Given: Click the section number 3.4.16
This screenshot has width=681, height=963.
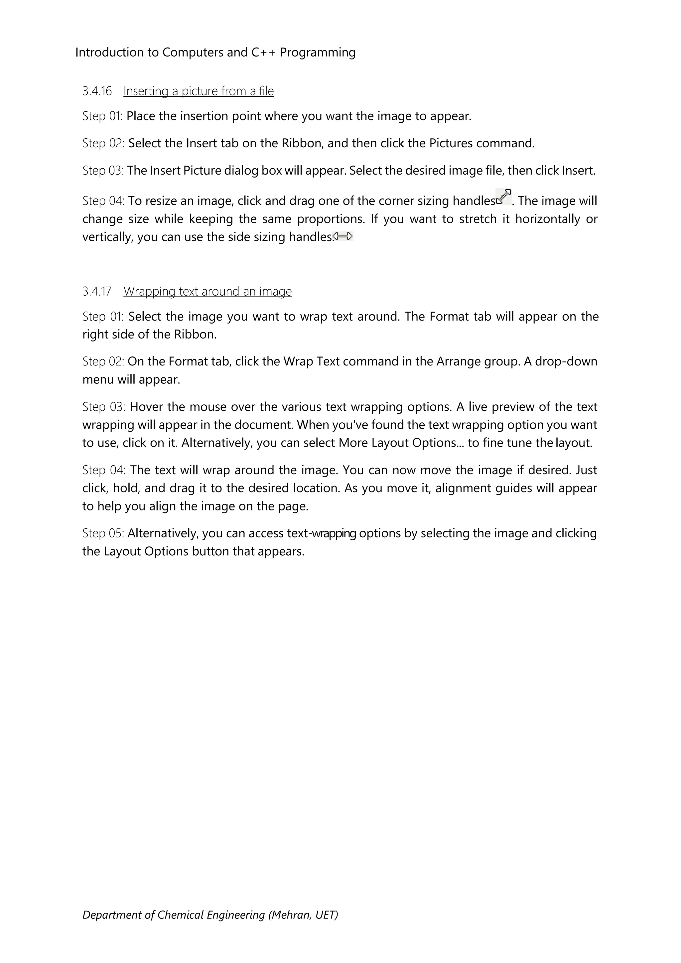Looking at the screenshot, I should [97, 91].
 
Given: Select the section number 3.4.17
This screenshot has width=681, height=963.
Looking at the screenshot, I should [97, 291].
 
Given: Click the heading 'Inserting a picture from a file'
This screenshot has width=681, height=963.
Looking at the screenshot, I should [198, 91].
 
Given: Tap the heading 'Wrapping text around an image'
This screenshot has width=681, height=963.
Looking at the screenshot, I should [207, 291].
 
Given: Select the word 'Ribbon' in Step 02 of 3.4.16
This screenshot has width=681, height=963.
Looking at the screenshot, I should [301, 143].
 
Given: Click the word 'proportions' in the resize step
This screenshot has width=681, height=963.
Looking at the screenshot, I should [331, 219].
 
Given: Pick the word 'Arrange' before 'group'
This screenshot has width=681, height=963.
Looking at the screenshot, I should [458, 361].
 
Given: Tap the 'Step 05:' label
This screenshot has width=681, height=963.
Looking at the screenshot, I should [103, 533].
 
